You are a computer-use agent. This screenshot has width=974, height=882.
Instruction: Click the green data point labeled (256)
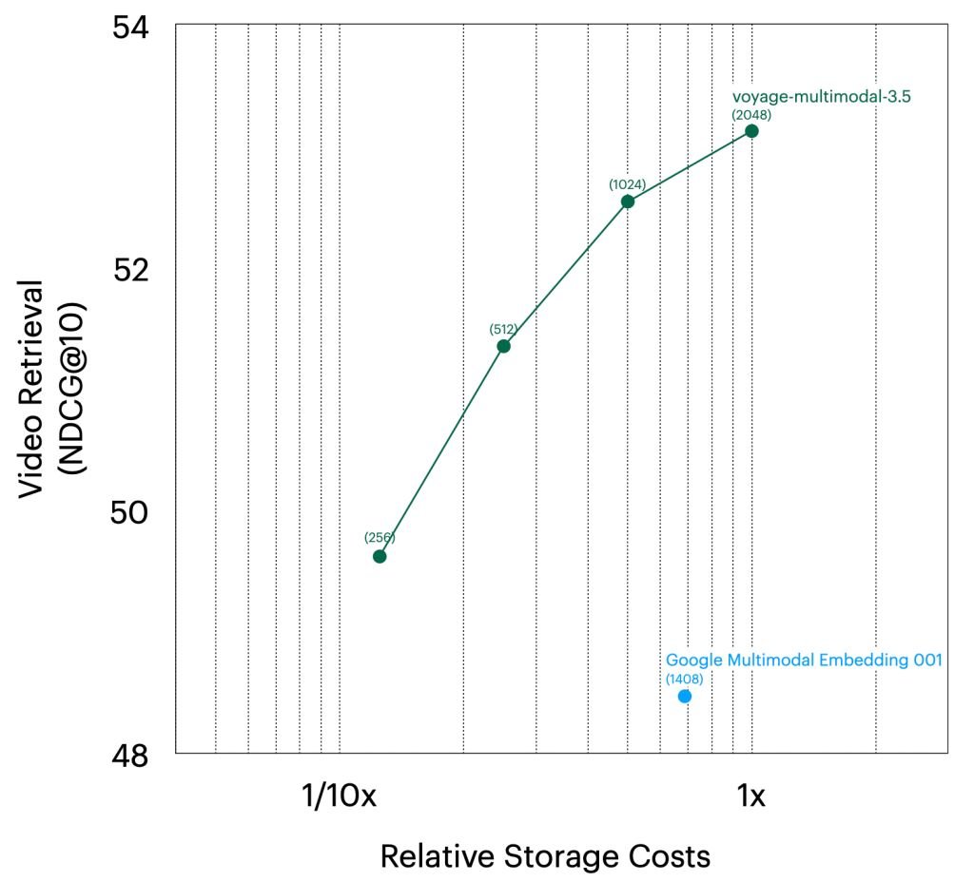tap(380, 556)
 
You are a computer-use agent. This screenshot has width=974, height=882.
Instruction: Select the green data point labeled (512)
tap(503, 346)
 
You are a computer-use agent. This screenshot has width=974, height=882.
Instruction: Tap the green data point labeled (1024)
tap(628, 201)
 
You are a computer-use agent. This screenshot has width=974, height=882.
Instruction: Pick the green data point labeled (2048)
tap(751, 130)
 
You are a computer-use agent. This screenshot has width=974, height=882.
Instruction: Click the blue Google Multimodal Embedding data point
tap(684, 697)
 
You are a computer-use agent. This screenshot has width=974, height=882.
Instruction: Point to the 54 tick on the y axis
tap(129, 26)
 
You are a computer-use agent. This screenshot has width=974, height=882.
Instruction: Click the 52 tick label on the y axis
tap(129, 269)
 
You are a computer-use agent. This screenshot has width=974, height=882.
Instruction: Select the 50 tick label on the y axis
tap(129, 512)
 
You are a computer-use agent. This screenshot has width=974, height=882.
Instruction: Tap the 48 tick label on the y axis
tap(129, 756)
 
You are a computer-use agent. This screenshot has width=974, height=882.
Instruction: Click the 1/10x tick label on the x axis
tap(340, 796)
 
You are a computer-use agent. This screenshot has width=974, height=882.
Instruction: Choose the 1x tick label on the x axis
tap(751, 796)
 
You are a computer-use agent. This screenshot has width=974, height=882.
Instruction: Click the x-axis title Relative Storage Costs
tap(545, 856)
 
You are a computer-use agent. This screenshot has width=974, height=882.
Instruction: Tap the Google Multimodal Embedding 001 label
tap(804, 660)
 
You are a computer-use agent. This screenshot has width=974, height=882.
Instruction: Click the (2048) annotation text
tap(751, 114)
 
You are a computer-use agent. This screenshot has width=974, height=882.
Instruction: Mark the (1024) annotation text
tap(628, 184)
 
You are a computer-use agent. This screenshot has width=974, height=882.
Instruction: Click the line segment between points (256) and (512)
tap(441, 451)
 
